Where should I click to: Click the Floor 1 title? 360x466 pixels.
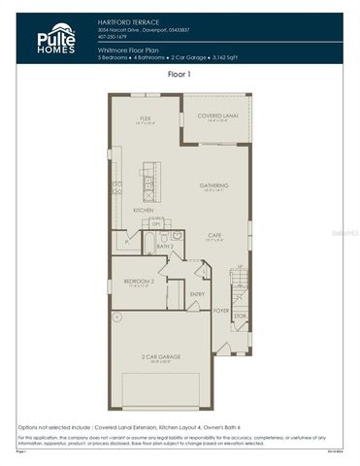(180, 73)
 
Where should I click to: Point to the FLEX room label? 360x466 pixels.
(147, 117)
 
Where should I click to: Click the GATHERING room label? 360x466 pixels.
(213, 185)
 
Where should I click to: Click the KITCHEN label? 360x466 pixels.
(144, 210)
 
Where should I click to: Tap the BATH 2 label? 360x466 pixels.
(164, 247)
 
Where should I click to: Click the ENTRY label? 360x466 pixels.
(197, 293)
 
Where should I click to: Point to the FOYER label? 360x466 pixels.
(221, 311)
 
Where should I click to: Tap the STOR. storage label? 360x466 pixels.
(240, 316)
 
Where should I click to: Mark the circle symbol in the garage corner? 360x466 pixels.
(116, 316)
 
